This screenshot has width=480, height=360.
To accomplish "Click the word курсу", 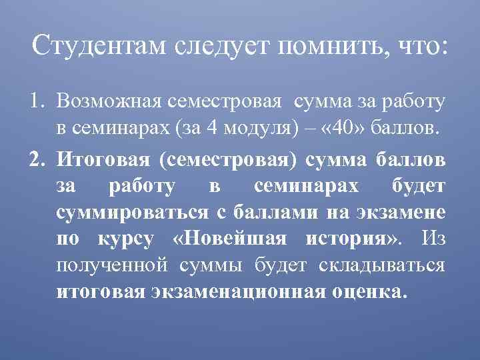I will pyautogui.click(x=129, y=239).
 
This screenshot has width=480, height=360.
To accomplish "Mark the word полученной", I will pyautogui.click(x=111, y=265).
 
